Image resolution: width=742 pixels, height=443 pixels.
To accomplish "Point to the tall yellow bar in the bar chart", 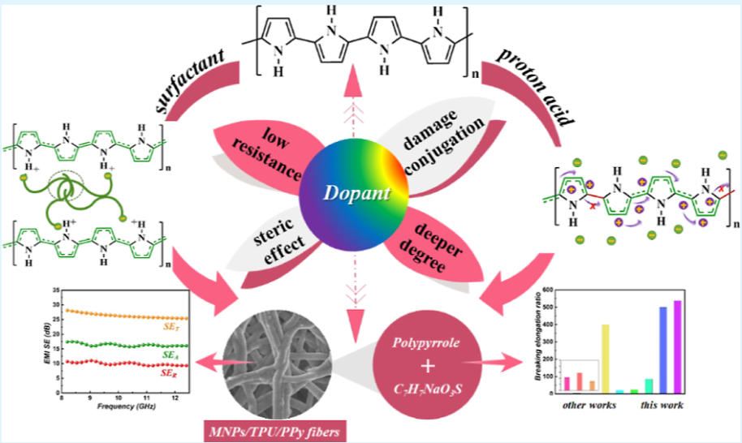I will tap(604, 358).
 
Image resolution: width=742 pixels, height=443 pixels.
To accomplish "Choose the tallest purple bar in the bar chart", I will tap(677, 346).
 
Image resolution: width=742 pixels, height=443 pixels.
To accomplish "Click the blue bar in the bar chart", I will tap(662, 350).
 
